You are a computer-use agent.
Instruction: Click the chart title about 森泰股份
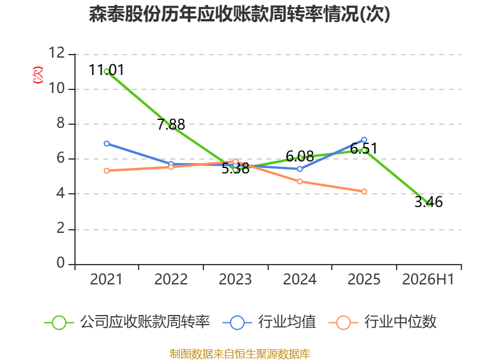click(x=239, y=14)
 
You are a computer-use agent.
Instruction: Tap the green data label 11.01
click(x=107, y=70)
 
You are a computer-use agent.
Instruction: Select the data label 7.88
click(x=171, y=124)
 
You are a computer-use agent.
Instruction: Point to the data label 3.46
click(x=428, y=202)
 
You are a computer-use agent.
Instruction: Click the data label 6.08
click(x=299, y=157)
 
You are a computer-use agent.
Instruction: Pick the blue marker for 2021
click(x=107, y=143)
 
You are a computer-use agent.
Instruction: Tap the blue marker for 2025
click(x=364, y=140)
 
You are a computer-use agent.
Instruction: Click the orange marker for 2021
click(x=107, y=171)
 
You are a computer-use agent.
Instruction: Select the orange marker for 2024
click(x=299, y=182)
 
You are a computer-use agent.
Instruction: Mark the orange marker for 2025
click(x=364, y=191)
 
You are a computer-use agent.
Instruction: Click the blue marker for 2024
click(x=299, y=169)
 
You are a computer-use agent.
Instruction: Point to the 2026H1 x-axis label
click(x=428, y=280)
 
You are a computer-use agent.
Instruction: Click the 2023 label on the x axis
click(x=235, y=280)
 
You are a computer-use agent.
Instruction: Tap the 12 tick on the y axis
click(x=57, y=53)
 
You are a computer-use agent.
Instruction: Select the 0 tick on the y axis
click(x=61, y=263)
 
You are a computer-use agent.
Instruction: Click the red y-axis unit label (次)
click(x=38, y=75)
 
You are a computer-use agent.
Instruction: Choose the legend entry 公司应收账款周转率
click(x=127, y=322)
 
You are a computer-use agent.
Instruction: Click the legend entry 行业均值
click(x=269, y=322)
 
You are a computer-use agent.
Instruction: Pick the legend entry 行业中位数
click(x=382, y=322)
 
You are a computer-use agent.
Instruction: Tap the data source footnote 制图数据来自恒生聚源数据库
click(x=240, y=354)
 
